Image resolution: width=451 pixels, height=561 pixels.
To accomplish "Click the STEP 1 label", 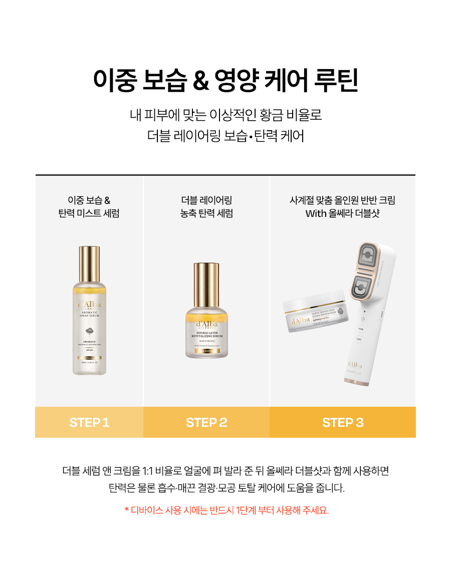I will pos(89,422).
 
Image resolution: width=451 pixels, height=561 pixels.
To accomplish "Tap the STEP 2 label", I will pos(206,422).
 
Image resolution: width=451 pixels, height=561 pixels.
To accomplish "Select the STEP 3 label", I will pos(343,422).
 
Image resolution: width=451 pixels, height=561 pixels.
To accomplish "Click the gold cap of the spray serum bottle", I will pos(89,264).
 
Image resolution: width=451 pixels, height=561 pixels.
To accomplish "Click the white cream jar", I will pos(314,313).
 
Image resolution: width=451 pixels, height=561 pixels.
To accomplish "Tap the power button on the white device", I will pos(364,319).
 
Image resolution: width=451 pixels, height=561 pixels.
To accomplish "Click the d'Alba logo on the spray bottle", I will pos(89,305).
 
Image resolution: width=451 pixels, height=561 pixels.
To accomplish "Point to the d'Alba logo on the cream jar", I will pos(301,321).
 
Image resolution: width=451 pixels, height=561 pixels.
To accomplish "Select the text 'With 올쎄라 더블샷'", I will pos(342,214).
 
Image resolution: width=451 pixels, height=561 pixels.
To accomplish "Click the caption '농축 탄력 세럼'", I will pos(206,214).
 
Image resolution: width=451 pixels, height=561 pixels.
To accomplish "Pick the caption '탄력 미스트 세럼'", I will pos(89,214).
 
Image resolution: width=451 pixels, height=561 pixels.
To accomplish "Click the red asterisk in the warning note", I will pos(127,510).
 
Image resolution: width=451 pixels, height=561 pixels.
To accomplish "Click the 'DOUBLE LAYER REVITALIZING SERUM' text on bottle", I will pos(206,334).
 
